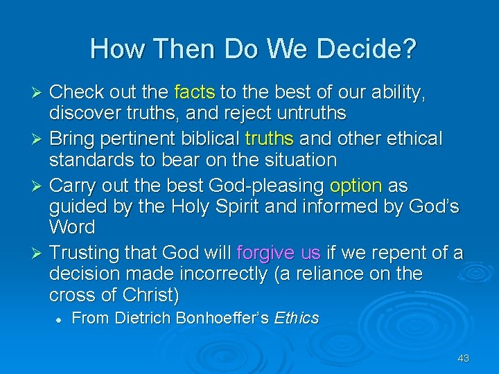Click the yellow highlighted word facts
[195, 92]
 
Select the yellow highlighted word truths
[270, 139]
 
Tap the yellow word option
[356, 186]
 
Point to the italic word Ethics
[297, 319]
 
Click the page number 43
[464, 358]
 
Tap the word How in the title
[114, 49]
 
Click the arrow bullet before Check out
[40, 93]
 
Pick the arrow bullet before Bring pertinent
[40, 139]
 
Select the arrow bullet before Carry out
[40, 186]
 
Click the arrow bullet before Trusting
[40, 253]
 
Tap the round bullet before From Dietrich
[61, 319]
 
